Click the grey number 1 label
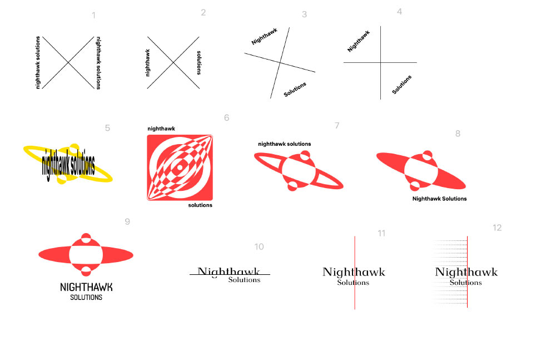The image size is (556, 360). tap(94, 16)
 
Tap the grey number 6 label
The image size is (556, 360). tap(226, 118)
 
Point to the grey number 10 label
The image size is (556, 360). tap(259, 247)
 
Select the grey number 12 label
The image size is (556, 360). tap(497, 228)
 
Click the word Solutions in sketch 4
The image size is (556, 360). tap(402, 84)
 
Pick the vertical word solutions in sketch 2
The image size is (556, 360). tap(198, 62)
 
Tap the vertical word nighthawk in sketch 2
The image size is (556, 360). tap(148, 62)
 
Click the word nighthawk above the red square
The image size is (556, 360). tap(161, 129)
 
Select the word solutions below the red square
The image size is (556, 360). tap(200, 205)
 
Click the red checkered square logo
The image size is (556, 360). tap(180, 167)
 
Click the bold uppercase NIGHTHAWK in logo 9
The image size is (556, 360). tap(86, 287)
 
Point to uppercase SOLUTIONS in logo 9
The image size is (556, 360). tap(86, 298)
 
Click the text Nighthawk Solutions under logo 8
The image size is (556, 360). tap(439, 199)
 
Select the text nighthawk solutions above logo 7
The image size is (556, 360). tap(284, 144)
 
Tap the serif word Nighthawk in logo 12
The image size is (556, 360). tap(466, 272)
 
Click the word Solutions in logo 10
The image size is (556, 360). tap(244, 280)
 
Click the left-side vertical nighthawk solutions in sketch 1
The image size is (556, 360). tap(38, 62)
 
